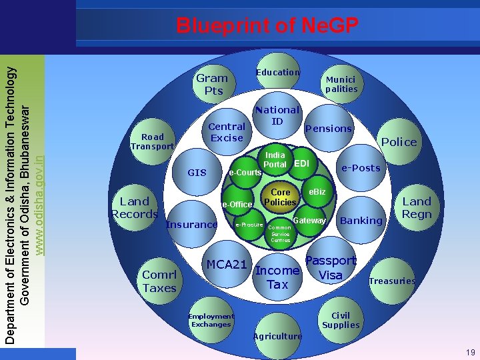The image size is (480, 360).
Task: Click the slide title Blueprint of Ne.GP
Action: [x=267, y=25]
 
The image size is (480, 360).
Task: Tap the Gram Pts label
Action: [x=212, y=84]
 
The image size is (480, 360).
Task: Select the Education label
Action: [x=278, y=72]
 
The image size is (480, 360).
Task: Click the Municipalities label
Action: [x=341, y=84]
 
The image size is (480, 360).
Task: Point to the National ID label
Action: [x=277, y=115]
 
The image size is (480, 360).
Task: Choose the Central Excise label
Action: [x=227, y=131]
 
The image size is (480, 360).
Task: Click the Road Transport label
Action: [x=152, y=141]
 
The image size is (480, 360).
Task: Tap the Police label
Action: [x=399, y=141]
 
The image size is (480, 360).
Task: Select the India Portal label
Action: [x=275, y=159]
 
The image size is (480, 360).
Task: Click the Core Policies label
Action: [x=280, y=197]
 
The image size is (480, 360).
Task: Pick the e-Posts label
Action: [x=361, y=168]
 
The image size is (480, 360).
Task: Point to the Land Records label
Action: [x=135, y=207]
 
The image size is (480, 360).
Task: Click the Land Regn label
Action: [x=417, y=207]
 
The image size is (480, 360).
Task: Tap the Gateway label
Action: [x=309, y=220]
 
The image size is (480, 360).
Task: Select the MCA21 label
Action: [x=227, y=264]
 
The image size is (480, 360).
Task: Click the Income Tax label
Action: [x=277, y=277]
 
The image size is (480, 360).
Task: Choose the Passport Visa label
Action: [x=331, y=268]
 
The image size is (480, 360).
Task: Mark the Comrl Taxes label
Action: [x=159, y=281]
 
